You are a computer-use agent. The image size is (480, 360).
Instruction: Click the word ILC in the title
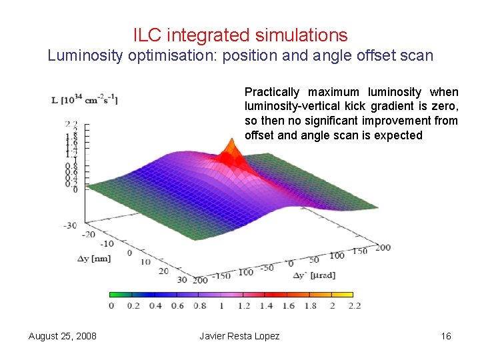146,35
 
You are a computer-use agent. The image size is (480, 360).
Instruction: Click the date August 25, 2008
63,336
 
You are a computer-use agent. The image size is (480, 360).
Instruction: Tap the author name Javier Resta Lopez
239,336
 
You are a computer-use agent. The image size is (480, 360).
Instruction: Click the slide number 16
446,336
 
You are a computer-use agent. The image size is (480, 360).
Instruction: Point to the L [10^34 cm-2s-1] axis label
85,100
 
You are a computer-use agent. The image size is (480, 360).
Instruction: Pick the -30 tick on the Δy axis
70,225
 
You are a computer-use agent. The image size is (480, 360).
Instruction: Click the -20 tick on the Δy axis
88,234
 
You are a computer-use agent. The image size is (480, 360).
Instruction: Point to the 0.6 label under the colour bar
177,306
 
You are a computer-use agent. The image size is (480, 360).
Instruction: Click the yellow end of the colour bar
347,294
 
